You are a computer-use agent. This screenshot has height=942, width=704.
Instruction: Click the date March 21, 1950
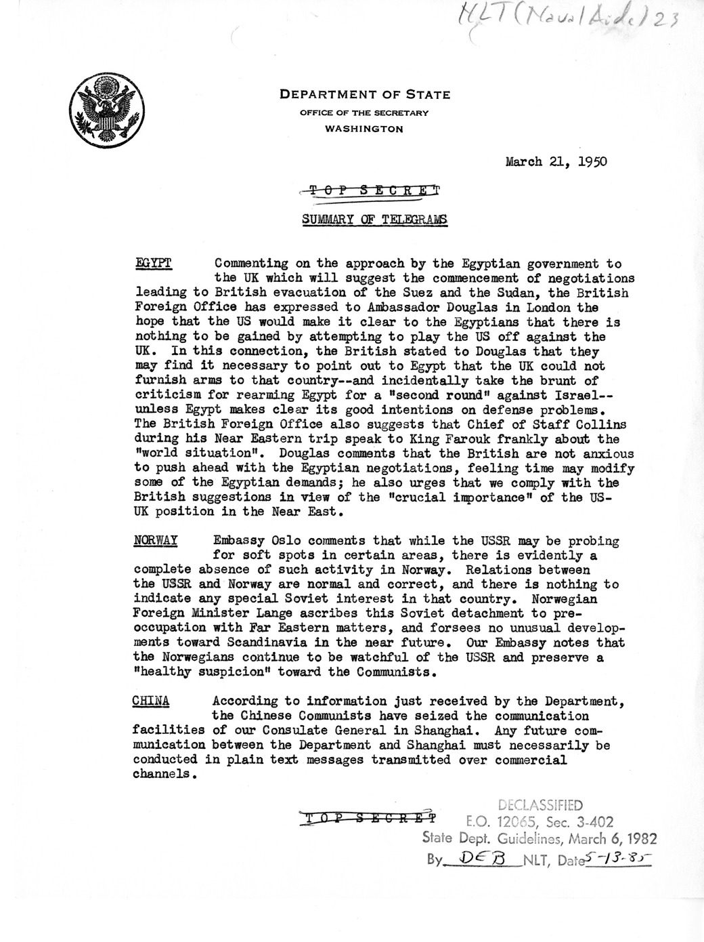(x=556, y=161)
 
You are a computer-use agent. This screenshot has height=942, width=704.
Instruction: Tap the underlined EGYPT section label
(x=154, y=263)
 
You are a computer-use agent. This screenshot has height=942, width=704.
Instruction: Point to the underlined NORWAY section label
(x=156, y=540)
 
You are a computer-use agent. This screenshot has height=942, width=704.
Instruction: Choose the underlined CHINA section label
(x=151, y=701)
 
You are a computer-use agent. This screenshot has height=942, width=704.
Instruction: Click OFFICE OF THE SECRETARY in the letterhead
(x=364, y=112)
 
